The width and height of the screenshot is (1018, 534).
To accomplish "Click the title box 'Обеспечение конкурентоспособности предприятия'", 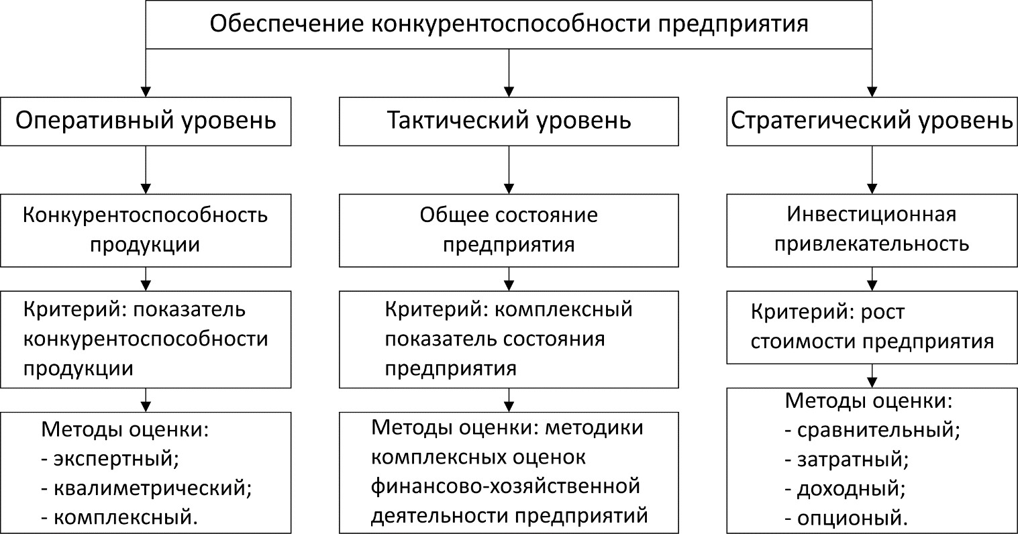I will coord(509,25).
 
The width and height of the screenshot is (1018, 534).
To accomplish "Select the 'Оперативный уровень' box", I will coord(146,121).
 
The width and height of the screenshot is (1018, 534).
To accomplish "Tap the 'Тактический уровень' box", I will coord(509,121).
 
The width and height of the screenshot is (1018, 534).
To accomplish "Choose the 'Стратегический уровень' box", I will coord(872,121).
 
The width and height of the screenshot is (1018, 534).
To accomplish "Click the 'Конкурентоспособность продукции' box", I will coord(146,229).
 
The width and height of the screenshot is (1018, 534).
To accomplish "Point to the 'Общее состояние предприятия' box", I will coord(509,229).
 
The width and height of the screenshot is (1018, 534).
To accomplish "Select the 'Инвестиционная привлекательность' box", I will coord(872,229).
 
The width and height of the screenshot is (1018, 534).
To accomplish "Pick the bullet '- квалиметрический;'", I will coord(146,488).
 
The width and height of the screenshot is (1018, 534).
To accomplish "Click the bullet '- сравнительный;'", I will coord(872,430).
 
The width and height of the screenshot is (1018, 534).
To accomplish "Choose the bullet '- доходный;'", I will coord(845,488).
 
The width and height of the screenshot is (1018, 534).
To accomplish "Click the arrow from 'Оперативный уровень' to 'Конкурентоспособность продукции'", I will coord(146,170).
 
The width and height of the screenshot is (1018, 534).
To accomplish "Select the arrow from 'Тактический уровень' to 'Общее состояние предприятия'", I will coord(509,170).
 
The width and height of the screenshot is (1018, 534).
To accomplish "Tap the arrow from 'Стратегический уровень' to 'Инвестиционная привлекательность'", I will coord(872,170).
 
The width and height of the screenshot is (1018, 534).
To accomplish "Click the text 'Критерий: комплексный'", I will coord(509,310).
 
